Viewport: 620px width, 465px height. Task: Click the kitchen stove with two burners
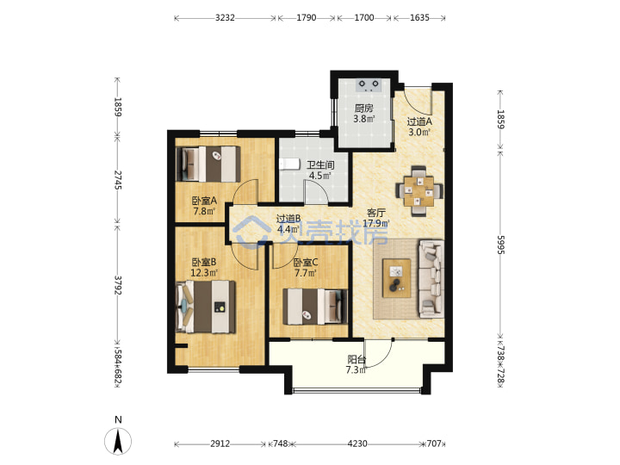point(369,85)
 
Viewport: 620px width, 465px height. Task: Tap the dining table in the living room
point(419,191)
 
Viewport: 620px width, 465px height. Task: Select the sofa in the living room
point(431,279)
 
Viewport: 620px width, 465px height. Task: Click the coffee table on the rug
point(396,278)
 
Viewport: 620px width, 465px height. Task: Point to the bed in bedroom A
point(208,164)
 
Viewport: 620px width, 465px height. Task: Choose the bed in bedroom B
point(206,307)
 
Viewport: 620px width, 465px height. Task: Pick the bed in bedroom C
point(315,307)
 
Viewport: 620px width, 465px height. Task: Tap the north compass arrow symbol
point(118,441)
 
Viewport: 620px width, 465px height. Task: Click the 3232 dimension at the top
point(225,18)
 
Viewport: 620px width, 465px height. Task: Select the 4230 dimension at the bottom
point(357,443)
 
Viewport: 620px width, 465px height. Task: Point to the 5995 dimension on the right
point(500,245)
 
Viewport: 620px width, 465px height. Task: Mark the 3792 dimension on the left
point(117,285)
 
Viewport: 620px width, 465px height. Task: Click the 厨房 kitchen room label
point(363,108)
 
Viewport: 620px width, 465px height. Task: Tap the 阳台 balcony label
point(356,359)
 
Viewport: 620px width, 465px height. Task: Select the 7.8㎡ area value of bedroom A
point(204,211)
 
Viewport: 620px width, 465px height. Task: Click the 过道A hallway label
point(419,121)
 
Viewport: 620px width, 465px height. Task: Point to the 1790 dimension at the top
point(307,18)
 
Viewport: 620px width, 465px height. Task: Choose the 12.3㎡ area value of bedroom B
point(204,273)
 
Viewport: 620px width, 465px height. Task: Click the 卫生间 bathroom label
point(320,164)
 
